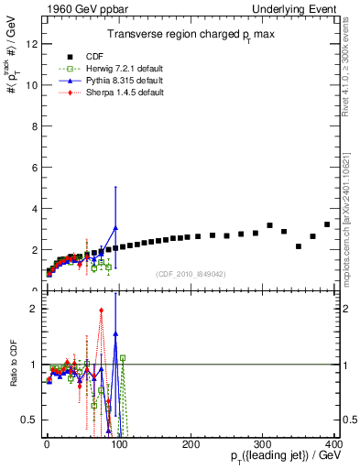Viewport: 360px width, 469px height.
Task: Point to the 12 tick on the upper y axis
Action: coord(33,43)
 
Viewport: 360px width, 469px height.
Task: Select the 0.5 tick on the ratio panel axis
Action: coord(31,420)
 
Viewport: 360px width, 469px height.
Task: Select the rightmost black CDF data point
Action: coord(327,224)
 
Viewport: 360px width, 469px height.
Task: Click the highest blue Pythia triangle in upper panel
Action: coord(115,227)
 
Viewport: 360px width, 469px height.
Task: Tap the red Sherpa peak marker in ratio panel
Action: coord(101,311)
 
